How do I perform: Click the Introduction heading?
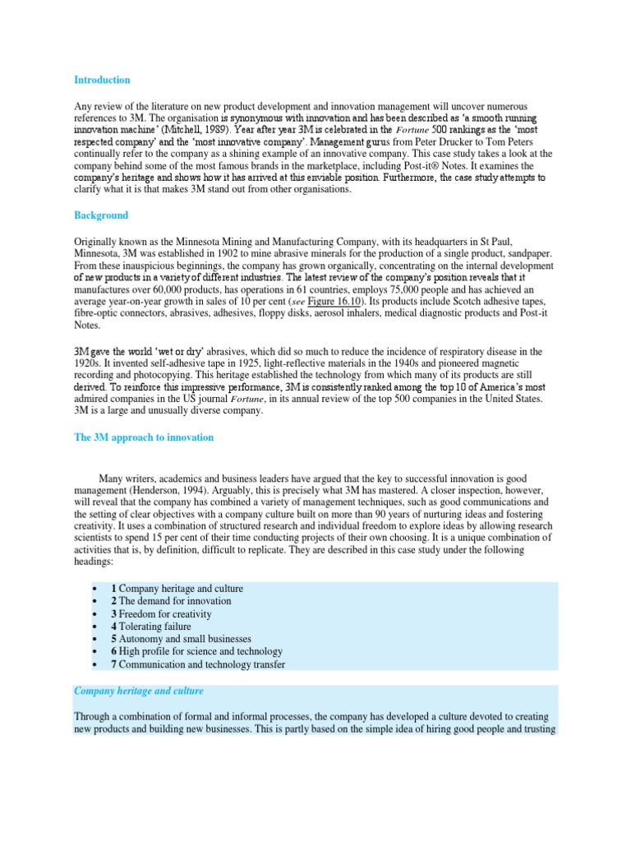[x=102, y=80]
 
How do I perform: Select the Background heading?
[x=101, y=215]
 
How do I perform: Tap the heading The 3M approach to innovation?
[x=144, y=437]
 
